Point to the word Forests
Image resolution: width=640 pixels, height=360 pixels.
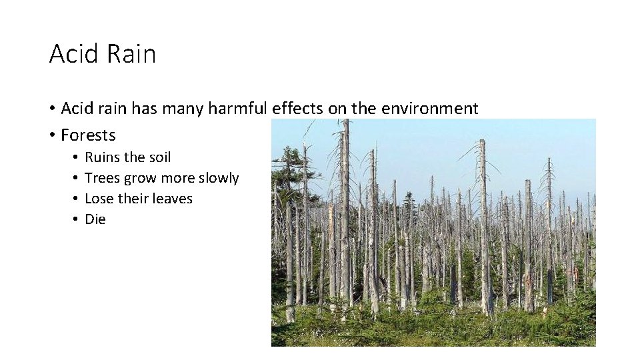point(88,135)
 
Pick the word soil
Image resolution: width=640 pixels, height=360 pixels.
point(159,157)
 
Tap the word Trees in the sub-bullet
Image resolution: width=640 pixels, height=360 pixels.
point(103,178)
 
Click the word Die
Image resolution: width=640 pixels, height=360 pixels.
point(95,219)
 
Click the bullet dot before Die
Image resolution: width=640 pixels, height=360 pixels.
point(77,219)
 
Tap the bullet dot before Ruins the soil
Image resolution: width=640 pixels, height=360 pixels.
point(77,157)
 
